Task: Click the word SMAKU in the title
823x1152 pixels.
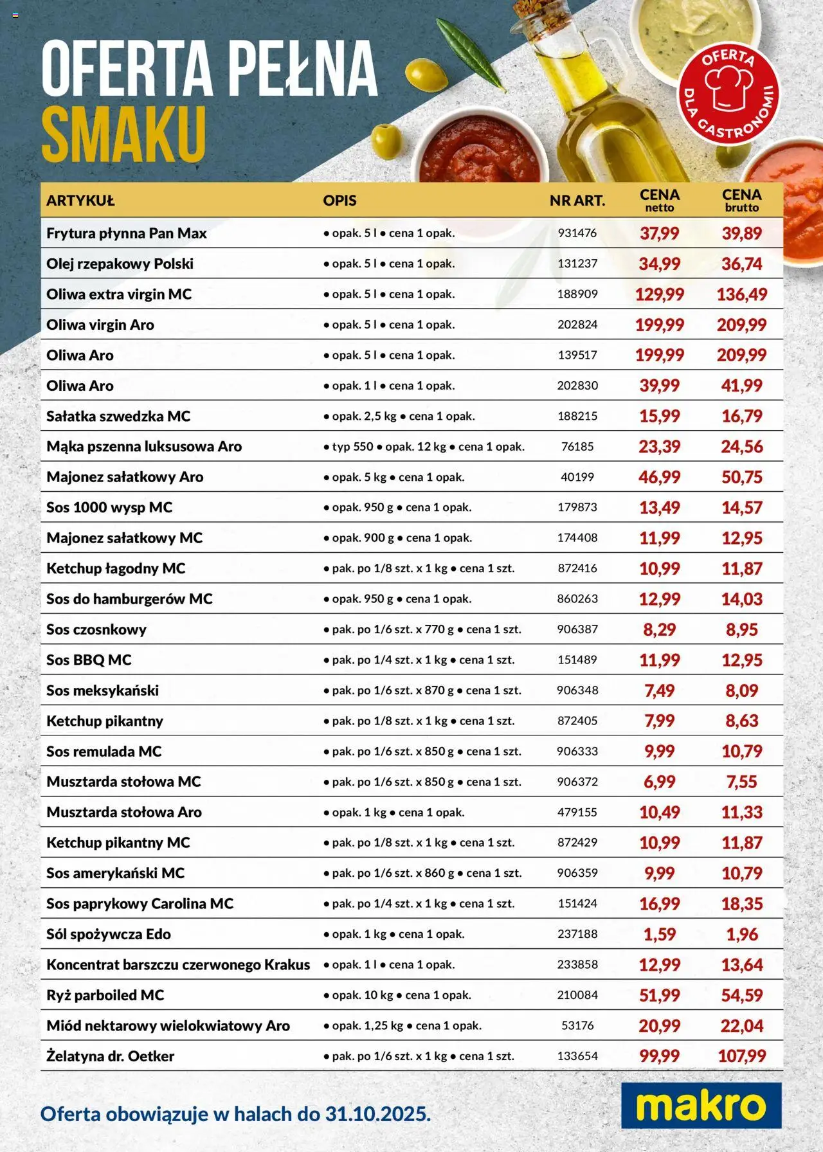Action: [123, 134]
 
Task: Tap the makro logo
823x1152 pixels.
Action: [701, 1105]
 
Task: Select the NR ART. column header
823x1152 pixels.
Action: [577, 201]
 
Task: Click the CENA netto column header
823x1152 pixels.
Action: [659, 200]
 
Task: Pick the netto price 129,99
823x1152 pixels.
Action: [659, 294]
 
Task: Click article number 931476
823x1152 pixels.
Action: [577, 233]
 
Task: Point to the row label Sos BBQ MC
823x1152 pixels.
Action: [89, 660]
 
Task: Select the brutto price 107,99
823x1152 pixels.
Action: [741, 1056]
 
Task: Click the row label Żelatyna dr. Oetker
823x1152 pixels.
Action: [110, 1056]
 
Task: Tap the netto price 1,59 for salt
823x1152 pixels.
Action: [659, 934]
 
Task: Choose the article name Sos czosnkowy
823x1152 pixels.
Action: [96, 630]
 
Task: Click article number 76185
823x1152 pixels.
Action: [577, 447]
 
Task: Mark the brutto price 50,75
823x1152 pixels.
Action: [741, 477]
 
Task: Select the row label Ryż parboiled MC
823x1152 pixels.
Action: [105, 995]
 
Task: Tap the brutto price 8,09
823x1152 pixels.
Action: [741, 690]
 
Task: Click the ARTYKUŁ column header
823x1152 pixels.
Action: [80, 201]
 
